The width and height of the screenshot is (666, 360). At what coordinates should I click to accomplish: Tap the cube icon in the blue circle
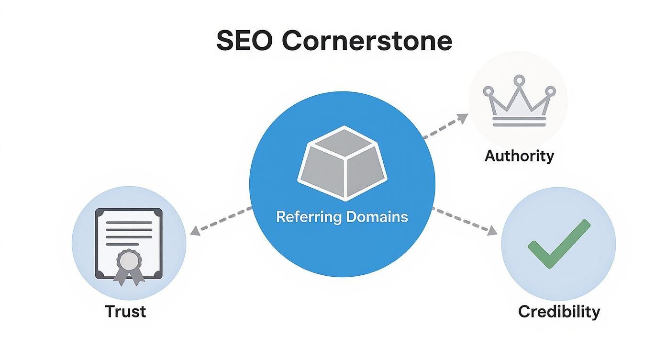click(x=342, y=163)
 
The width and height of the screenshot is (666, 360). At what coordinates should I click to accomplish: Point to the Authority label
click(x=519, y=156)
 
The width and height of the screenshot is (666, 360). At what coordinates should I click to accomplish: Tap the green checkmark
click(x=558, y=243)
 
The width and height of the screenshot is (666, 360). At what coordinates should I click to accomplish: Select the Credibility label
click(x=559, y=312)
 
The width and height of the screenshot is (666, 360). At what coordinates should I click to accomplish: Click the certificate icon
click(x=129, y=243)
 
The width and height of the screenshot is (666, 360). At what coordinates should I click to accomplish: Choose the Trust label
click(x=125, y=311)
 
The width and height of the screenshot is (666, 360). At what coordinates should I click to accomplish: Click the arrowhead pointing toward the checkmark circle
click(x=491, y=232)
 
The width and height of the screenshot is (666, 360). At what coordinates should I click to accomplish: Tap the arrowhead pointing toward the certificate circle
click(x=194, y=232)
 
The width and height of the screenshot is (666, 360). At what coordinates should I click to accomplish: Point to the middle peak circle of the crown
click(x=519, y=79)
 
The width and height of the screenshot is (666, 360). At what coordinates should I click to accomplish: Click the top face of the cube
click(x=343, y=142)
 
